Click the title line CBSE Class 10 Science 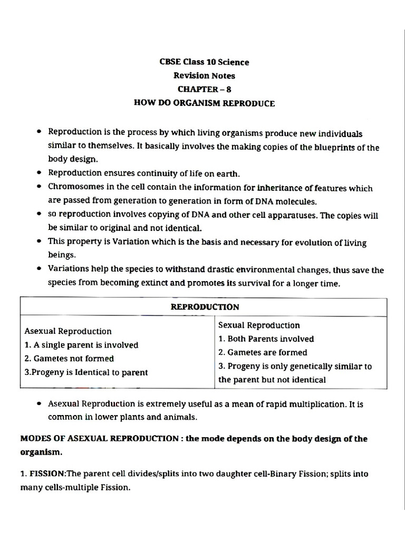point(204,62)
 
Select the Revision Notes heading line point(204,75)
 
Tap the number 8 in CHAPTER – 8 point(228,89)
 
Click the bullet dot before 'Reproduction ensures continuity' point(40,173)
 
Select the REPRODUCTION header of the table point(205,306)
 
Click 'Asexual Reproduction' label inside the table point(68,331)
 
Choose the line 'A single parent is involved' point(82,345)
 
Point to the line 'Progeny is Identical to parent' point(86,372)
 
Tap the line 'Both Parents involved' point(266,339)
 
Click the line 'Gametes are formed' point(263,352)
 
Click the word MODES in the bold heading point(35,438)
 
